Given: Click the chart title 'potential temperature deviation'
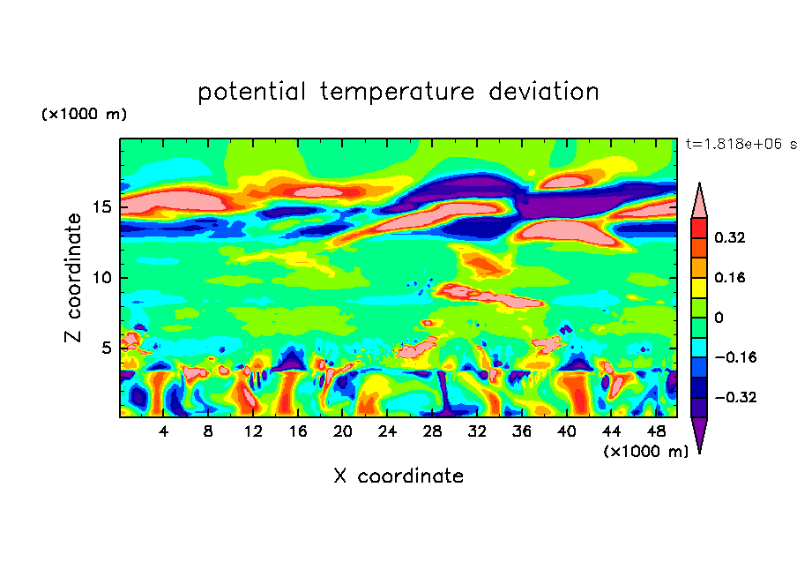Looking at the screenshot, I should (x=398, y=92).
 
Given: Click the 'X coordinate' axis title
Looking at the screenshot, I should (x=398, y=476).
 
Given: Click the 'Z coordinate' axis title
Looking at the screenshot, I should (x=74, y=277).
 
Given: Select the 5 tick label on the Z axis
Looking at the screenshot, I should (x=104, y=348).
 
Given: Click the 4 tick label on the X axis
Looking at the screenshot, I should (x=164, y=431).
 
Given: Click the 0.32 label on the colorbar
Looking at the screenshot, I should (x=732, y=237).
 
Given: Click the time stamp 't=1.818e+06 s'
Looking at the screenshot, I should (x=741, y=144).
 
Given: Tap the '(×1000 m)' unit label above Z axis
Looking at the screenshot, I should (x=84, y=115).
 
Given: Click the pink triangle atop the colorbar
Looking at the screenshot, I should (x=699, y=200).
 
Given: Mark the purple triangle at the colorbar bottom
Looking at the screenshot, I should (x=699, y=434).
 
